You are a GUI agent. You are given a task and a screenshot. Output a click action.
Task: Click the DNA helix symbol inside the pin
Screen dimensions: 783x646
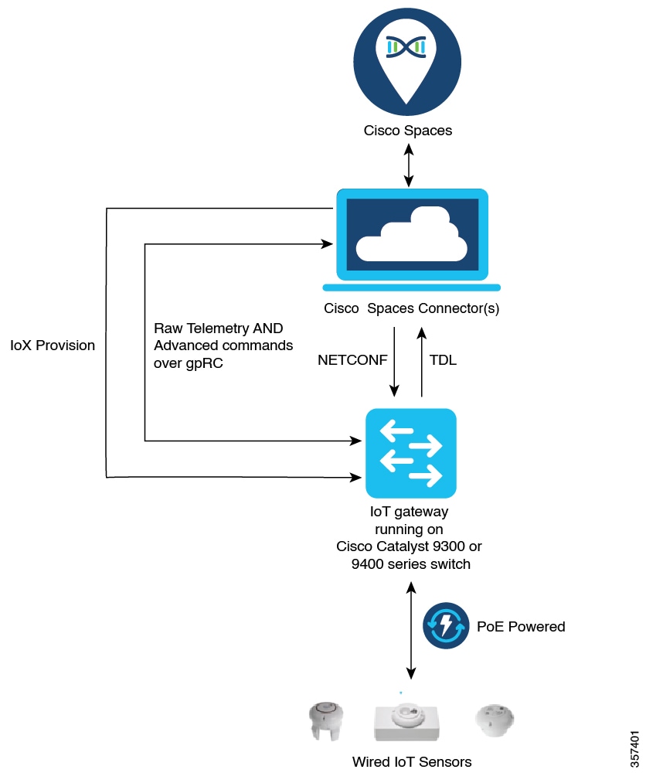tap(407, 48)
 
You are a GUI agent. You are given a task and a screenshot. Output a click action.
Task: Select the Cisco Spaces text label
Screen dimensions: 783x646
tap(408, 131)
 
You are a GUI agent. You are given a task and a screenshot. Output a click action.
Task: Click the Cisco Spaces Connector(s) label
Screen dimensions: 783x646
tap(411, 309)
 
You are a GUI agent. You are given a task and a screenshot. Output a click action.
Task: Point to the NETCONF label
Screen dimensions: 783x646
tap(352, 359)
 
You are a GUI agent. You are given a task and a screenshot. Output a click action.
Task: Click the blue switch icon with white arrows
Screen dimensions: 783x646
tap(410, 454)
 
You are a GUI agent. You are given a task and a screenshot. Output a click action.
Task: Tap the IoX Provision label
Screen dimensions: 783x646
tap(53, 346)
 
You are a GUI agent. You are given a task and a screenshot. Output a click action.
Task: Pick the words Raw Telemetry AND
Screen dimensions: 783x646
tap(218, 328)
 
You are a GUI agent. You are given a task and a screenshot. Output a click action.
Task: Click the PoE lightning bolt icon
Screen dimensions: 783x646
tap(445, 625)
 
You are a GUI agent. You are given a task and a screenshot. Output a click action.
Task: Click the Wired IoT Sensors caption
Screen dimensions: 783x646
tap(412, 762)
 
